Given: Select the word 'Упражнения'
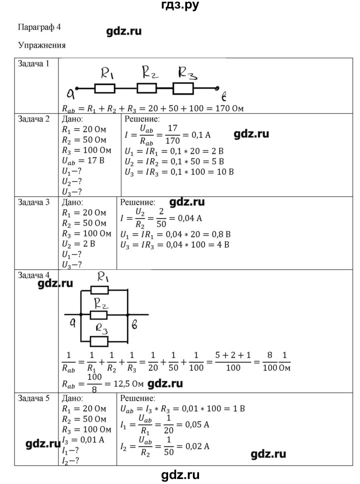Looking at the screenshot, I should pyautogui.click(x=41, y=45).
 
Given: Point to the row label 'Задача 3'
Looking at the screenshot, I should pyautogui.click(x=34, y=203).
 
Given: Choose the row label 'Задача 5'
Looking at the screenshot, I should pyautogui.click(x=34, y=399).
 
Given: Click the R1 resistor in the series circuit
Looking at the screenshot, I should pyautogui.click(x=104, y=89).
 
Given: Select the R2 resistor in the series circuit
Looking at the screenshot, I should pyautogui.click(x=147, y=89).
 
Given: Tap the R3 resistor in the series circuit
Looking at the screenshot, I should pyautogui.click(x=183, y=89).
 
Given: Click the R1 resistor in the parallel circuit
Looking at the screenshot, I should pyautogui.click(x=99, y=289).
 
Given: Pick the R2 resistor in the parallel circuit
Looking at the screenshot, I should pyautogui.click(x=98, y=315).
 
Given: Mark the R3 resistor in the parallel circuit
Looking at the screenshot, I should pyautogui.click(x=98, y=341).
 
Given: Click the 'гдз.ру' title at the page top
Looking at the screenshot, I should pyautogui.click(x=180, y=6).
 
